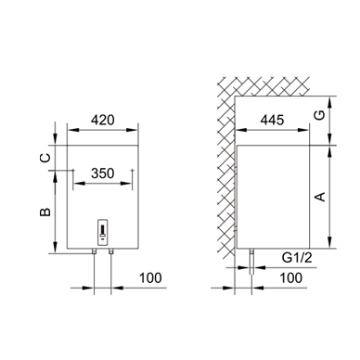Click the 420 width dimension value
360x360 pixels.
tap(103, 120)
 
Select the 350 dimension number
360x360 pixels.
tap(103, 174)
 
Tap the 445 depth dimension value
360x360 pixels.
tap(272, 120)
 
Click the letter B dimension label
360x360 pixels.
tap(45, 212)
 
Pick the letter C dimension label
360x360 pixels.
tap(45, 158)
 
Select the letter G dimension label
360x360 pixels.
tap(320, 115)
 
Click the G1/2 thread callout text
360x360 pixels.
tap(297, 258)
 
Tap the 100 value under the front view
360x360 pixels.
tap(150, 278)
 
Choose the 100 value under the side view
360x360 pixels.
tap(291, 278)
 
